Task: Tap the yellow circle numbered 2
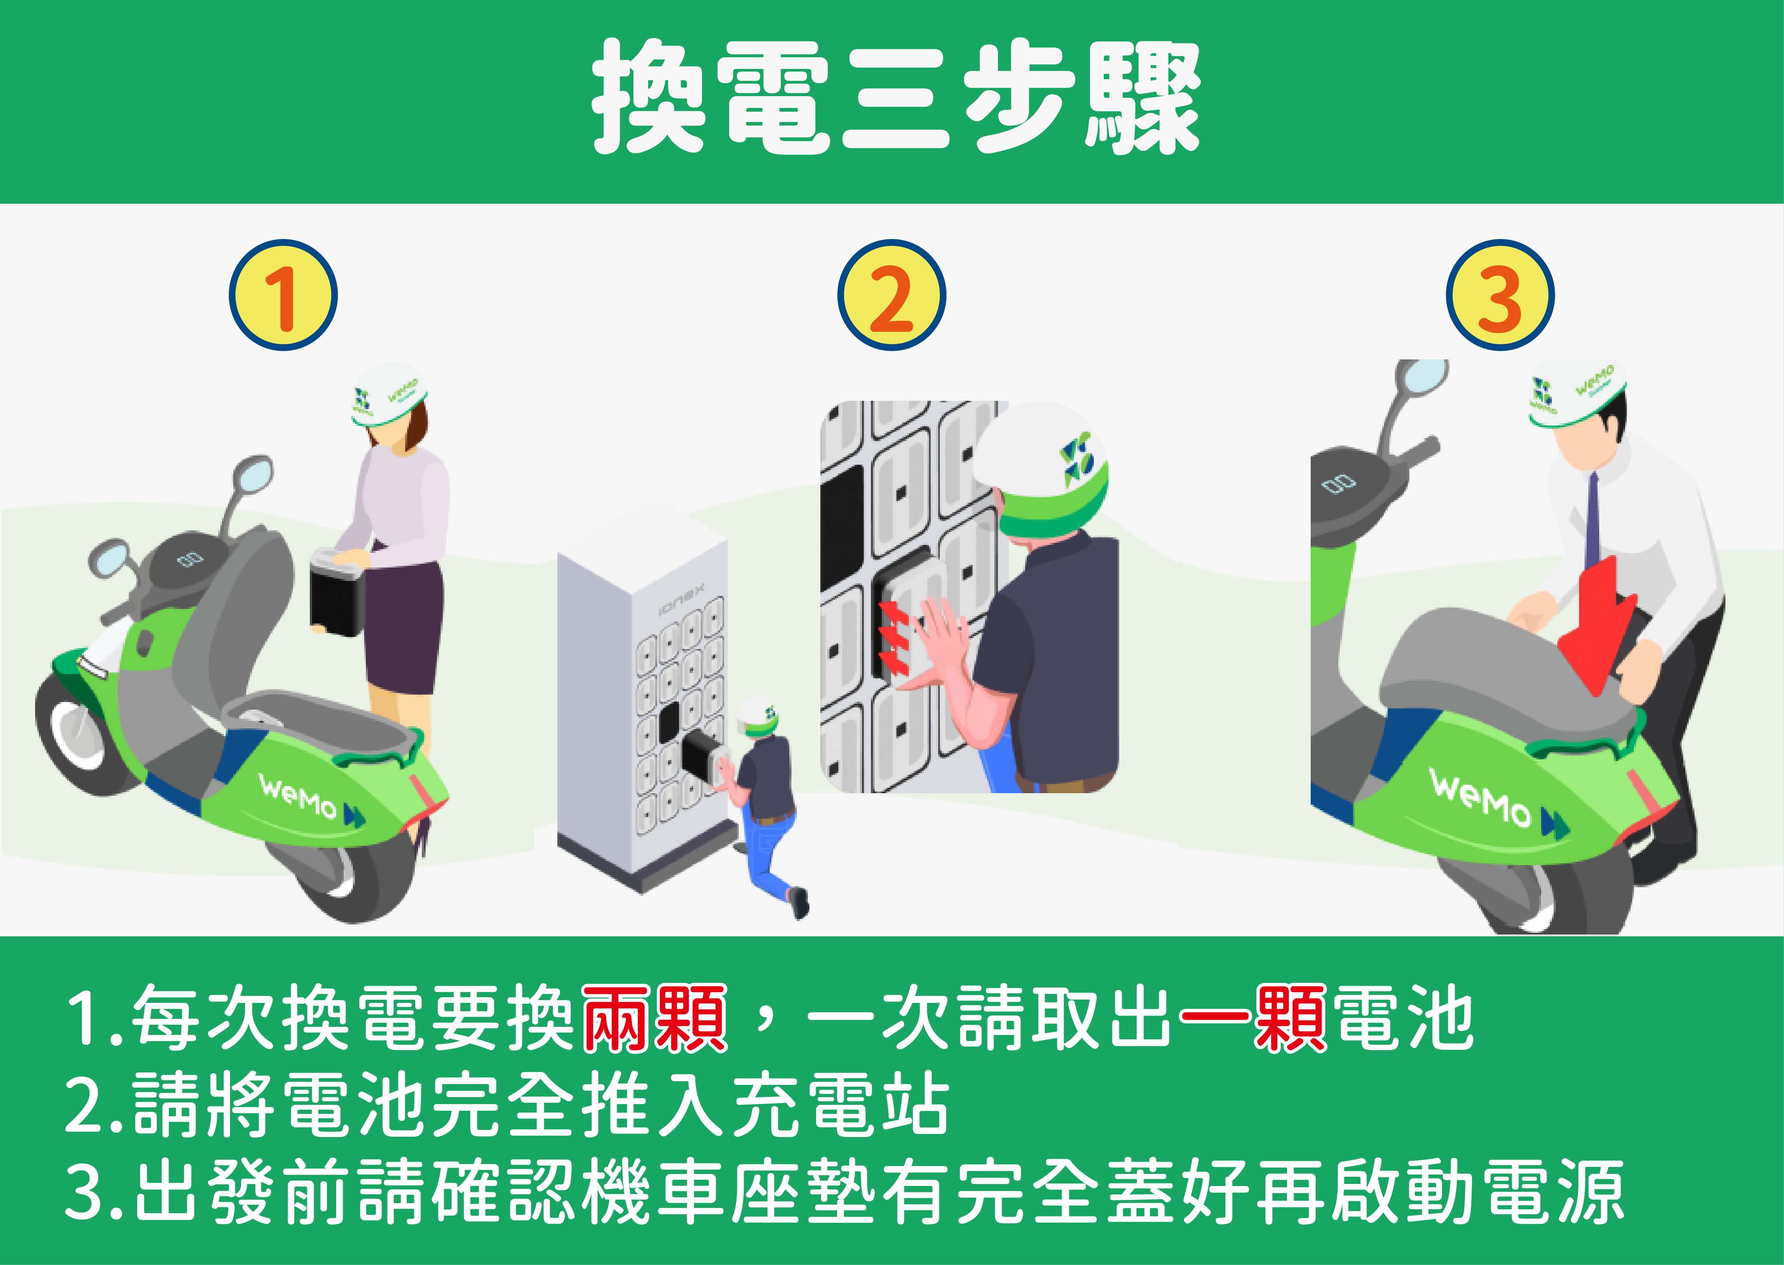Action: coord(892,295)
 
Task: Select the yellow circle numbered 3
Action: coord(1500,295)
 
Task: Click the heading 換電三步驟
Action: coord(896,97)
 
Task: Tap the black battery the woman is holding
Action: coord(337,592)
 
